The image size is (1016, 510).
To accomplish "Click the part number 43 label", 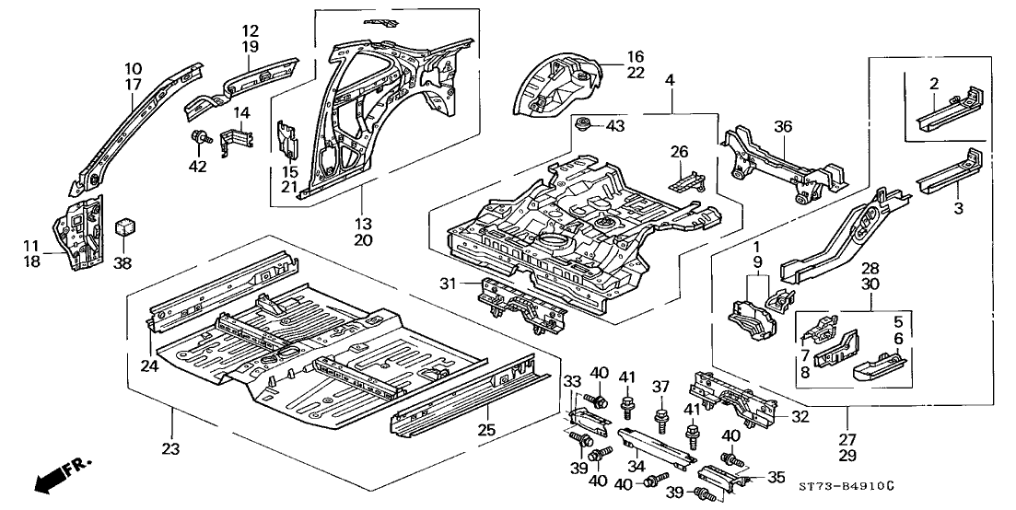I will (614, 125).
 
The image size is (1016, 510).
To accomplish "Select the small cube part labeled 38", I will (123, 226).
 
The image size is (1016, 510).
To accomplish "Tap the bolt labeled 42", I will (197, 138).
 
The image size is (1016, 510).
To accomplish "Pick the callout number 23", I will (171, 448).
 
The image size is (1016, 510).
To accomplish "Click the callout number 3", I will (958, 209).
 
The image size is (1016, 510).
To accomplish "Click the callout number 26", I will (679, 152).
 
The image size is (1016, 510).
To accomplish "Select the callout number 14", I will (240, 113).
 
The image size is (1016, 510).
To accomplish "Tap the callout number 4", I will (670, 81).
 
